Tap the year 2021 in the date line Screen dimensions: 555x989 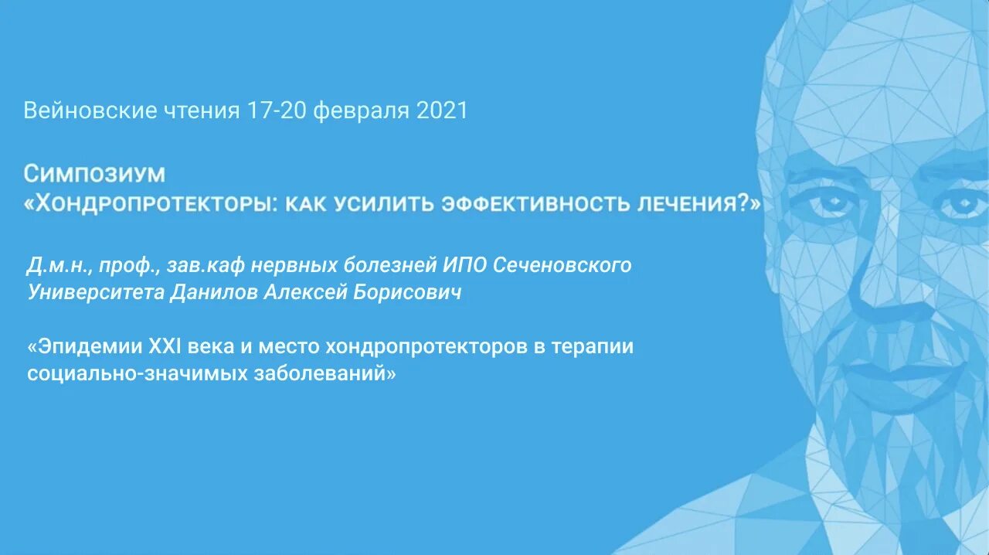442,111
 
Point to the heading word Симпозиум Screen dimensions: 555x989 94,172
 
